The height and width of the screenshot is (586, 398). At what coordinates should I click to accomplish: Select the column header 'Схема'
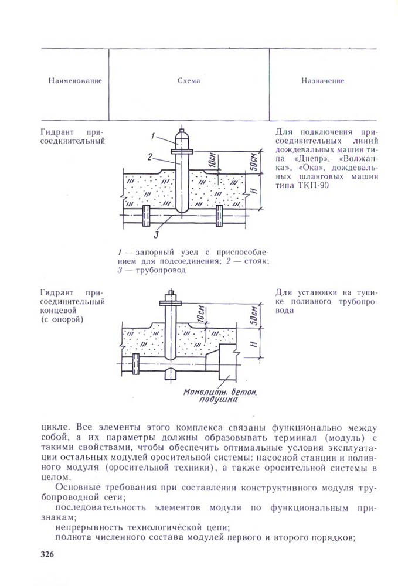tap(189, 81)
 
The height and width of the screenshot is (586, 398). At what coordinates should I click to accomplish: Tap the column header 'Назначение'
tap(322, 81)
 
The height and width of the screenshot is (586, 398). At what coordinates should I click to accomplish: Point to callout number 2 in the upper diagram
tap(150, 156)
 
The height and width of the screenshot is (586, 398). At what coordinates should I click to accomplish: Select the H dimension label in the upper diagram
tap(252, 192)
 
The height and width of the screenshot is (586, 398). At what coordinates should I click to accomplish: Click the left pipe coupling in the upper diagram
tap(147, 217)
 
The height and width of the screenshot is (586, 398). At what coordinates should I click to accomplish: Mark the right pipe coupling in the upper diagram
tap(219, 217)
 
